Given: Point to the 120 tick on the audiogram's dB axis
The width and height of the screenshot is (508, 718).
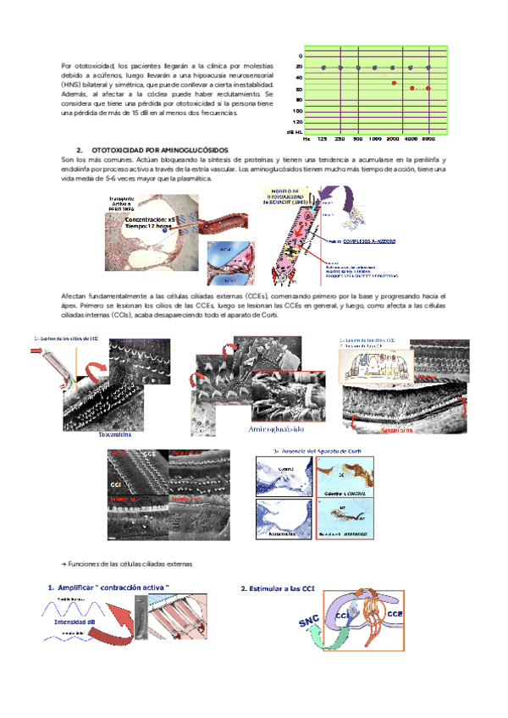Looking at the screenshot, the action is [x=297, y=122].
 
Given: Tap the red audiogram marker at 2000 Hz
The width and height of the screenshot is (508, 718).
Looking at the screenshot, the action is [x=394, y=82].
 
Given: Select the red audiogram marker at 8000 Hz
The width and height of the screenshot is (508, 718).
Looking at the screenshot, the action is [x=429, y=88].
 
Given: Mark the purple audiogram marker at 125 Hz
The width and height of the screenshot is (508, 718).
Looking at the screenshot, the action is [x=323, y=67].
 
